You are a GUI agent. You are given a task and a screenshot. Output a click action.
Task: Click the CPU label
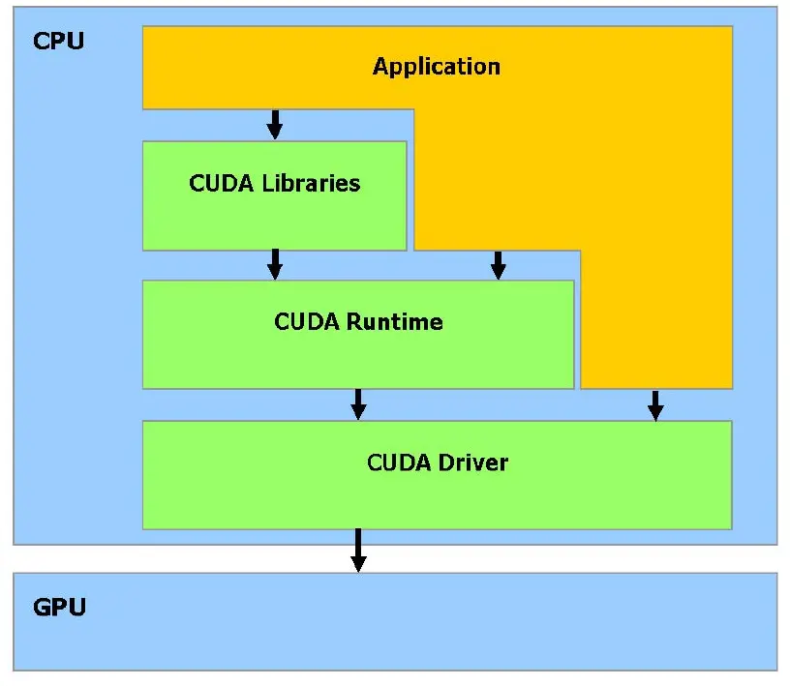click(58, 42)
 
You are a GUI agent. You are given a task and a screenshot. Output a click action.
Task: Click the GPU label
click(59, 608)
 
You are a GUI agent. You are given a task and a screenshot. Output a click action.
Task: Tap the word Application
click(437, 67)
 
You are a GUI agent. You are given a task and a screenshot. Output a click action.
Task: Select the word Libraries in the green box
click(311, 183)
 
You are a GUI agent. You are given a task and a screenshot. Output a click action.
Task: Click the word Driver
click(473, 462)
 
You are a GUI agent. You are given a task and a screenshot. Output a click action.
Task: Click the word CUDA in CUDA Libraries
click(222, 183)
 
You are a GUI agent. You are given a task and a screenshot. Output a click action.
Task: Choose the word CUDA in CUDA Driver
click(399, 462)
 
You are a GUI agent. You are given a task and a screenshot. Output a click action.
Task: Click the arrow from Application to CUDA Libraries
click(275, 124)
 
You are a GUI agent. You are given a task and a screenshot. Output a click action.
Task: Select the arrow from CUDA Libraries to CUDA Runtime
click(275, 264)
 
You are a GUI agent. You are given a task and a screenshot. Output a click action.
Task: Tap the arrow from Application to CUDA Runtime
click(499, 264)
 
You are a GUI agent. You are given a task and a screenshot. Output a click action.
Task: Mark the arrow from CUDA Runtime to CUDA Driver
click(358, 403)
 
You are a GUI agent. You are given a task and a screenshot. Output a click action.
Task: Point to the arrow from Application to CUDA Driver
click(655, 404)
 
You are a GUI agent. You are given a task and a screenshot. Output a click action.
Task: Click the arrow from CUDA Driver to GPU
click(358, 550)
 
